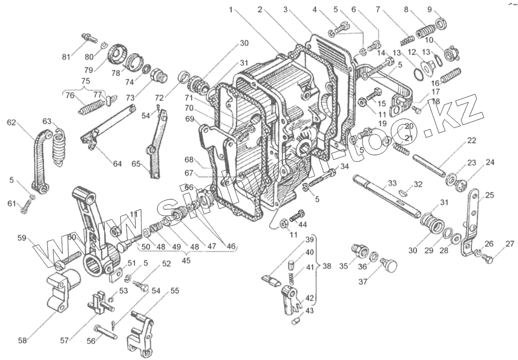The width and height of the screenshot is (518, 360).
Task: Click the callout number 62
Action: pos(11,123)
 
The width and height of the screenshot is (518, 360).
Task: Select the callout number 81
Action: pos(66,57)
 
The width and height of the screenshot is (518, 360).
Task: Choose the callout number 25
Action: pos(489,195)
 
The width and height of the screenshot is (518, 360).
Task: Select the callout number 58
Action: pos(22,340)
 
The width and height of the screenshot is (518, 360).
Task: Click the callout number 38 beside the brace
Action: pos(326,266)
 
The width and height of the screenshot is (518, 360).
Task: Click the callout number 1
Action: pos(231,9)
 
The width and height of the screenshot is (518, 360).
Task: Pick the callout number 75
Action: pos(85,81)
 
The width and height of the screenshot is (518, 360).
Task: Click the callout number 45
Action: pos(186,260)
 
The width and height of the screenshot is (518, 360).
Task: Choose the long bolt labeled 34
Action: pos(324,179)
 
